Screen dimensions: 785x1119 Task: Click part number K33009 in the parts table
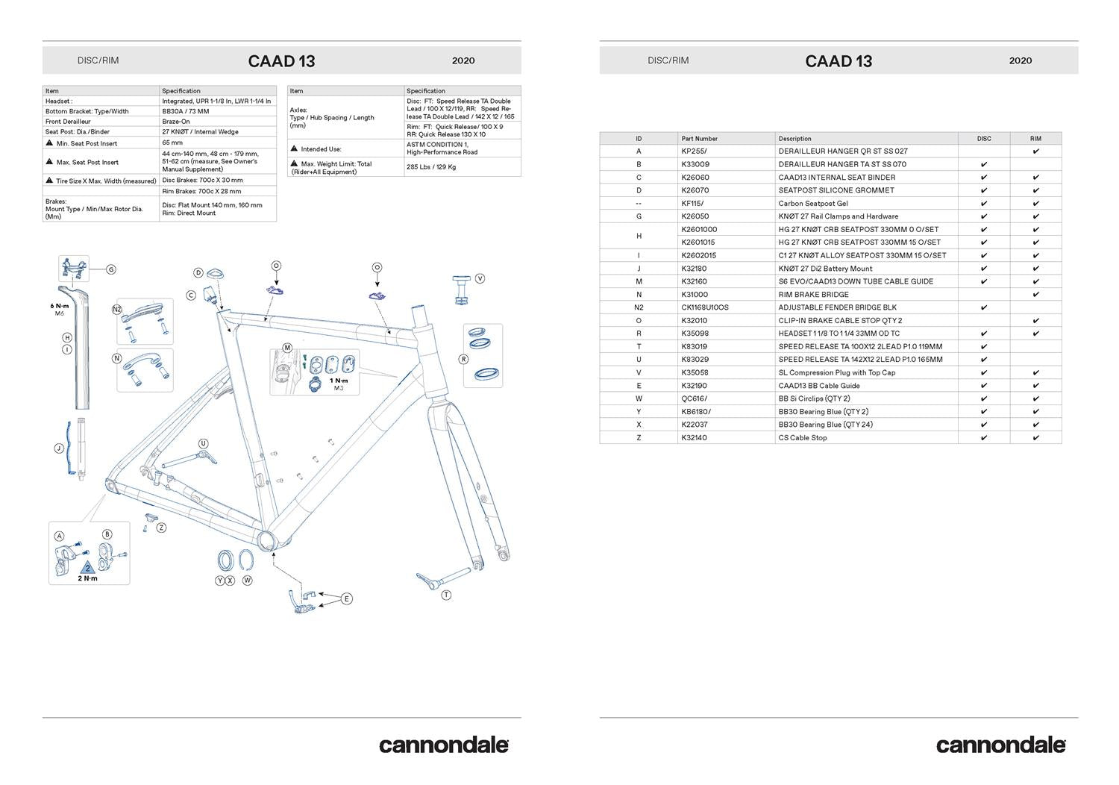pyautogui.click(x=695, y=164)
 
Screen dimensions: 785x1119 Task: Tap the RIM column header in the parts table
pyautogui.click(x=1035, y=139)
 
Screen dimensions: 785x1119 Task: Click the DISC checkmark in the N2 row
pyautogui.click(x=984, y=307)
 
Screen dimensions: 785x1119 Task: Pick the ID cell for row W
pyautogui.click(x=639, y=398)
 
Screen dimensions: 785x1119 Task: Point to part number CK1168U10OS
pyautogui.click(x=705, y=307)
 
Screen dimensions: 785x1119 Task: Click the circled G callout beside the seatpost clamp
pyautogui.click(x=111, y=269)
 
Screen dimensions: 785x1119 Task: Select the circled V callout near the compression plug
pyautogui.click(x=480, y=278)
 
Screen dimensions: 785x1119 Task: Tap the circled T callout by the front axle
pyautogui.click(x=446, y=595)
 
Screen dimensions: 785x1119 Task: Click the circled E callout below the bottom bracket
pyautogui.click(x=346, y=598)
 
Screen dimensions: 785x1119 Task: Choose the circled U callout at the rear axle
pyautogui.click(x=203, y=444)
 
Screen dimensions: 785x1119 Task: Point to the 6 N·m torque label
pyautogui.click(x=60, y=306)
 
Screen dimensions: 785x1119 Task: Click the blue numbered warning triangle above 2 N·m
pyautogui.click(x=87, y=568)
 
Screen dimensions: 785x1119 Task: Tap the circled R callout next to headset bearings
pyautogui.click(x=464, y=359)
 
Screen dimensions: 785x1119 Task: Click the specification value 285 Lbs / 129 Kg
pyautogui.click(x=431, y=167)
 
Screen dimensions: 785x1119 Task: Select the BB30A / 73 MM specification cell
pyautogui.click(x=186, y=111)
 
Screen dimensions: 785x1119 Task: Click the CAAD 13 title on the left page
pyautogui.click(x=281, y=61)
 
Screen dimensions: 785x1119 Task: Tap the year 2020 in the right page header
pyautogui.click(x=1020, y=60)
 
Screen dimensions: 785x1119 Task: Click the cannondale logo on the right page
pyautogui.click(x=1000, y=745)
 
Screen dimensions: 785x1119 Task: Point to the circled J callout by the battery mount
pyautogui.click(x=59, y=448)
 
